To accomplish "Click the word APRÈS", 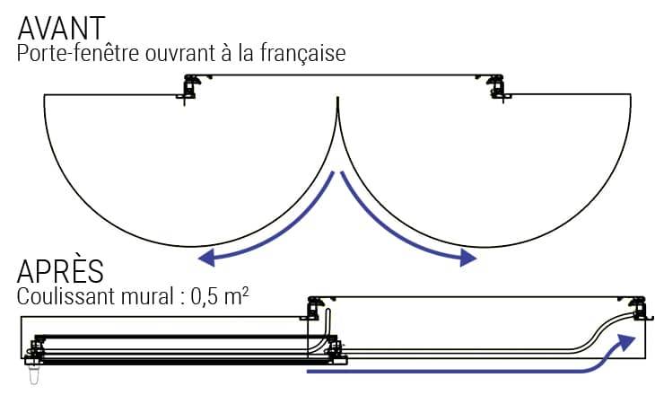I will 60,271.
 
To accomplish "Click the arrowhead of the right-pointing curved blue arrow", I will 468,259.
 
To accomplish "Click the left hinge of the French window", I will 189,88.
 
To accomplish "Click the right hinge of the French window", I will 495,88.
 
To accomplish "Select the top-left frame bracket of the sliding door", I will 315,308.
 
